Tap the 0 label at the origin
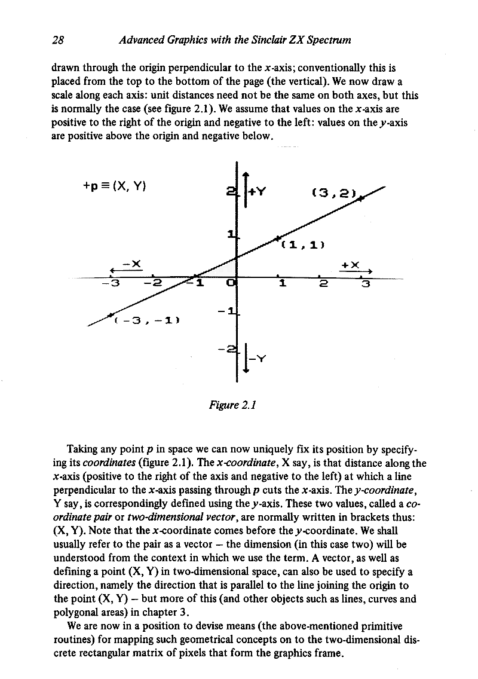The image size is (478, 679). [232, 283]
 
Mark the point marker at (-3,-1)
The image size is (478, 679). [110, 314]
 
